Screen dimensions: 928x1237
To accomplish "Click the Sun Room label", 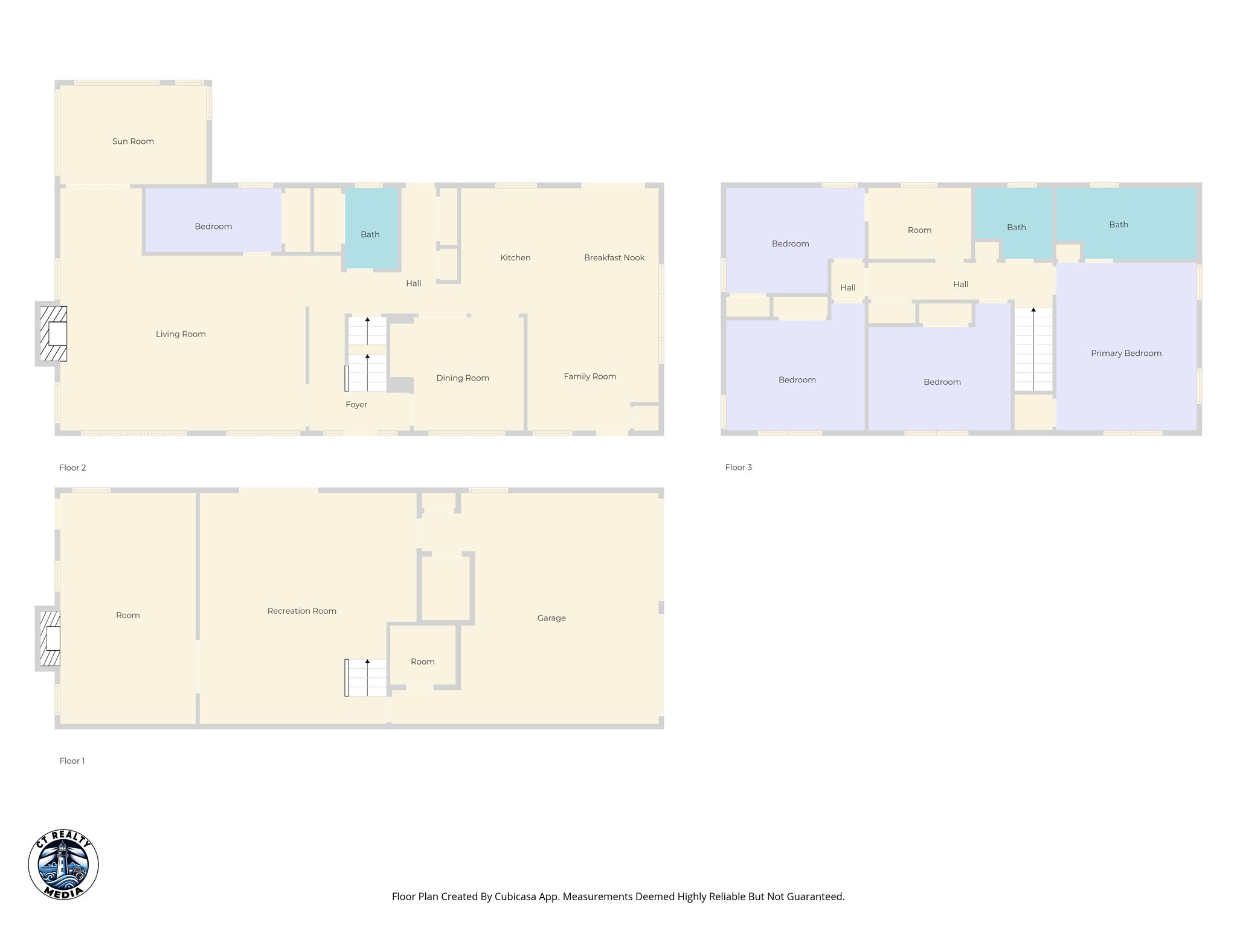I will click(x=133, y=141).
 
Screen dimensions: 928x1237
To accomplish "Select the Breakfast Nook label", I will click(x=614, y=257).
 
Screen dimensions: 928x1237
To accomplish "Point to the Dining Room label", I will click(x=463, y=378).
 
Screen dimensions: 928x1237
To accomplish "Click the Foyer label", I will click(x=356, y=405).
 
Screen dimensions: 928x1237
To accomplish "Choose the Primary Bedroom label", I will click(x=1126, y=353).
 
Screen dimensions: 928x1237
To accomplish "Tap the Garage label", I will click(x=551, y=618).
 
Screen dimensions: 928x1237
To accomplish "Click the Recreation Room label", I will click(x=302, y=611).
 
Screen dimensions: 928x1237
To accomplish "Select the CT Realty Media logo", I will click(x=63, y=864).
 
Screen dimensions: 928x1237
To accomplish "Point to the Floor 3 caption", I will click(x=738, y=467).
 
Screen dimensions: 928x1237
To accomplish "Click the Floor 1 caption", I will click(x=72, y=761).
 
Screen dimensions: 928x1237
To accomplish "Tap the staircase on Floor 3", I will click(x=1033, y=349).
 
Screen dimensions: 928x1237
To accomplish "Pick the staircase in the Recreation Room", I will click(x=366, y=677).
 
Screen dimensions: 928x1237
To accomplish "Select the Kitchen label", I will click(x=515, y=257).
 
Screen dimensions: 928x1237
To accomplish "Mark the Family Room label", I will click(x=590, y=376).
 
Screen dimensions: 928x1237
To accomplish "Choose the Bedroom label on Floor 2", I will click(x=213, y=227).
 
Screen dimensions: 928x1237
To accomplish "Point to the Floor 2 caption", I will click(x=72, y=468).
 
